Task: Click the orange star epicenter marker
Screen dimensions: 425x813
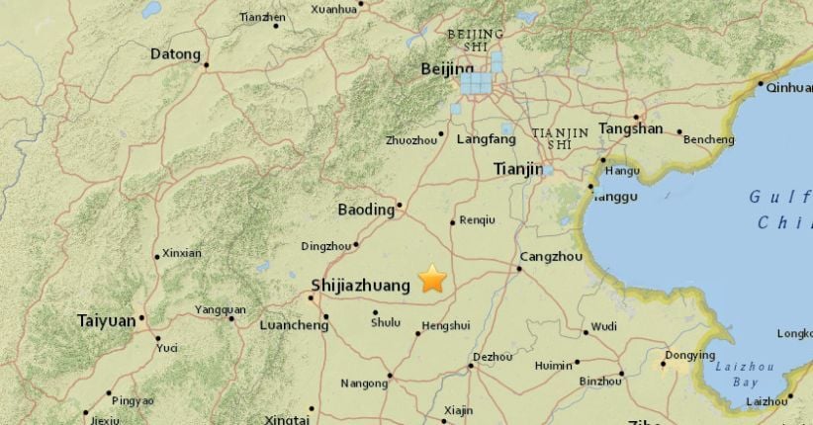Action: (x=432, y=280)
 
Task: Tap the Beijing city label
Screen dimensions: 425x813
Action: (x=440, y=68)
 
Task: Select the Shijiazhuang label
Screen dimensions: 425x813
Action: (x=360, y=285)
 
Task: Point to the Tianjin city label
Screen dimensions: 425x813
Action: (x=518, y=170)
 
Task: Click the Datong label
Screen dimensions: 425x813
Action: (x=175, y=54)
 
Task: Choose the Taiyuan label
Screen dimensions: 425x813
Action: (x=107, y=320)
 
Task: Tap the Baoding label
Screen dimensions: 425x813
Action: (x=366, y=210)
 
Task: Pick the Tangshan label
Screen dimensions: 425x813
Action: (x=630, y=128)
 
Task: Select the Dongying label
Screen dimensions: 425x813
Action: (x=689, y=355)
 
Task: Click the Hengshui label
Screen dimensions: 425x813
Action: (x=445, y=324)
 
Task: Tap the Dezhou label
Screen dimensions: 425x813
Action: (x=492, y=356)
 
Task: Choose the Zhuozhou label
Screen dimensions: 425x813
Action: (x=412, y=140)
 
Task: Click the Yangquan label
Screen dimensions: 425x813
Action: (x=220, y=309)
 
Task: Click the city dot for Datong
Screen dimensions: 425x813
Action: (x=206, y=65)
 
